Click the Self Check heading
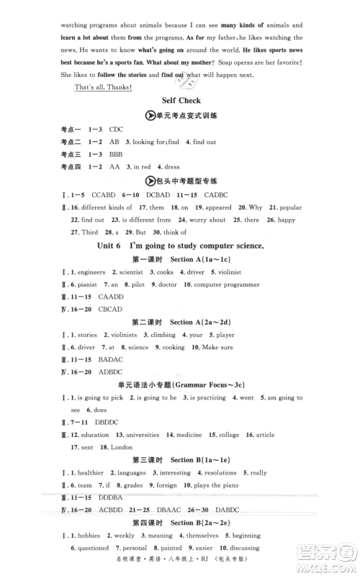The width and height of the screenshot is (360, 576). (x=181, y=101)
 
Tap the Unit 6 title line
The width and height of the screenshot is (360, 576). (x=181, y=246)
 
